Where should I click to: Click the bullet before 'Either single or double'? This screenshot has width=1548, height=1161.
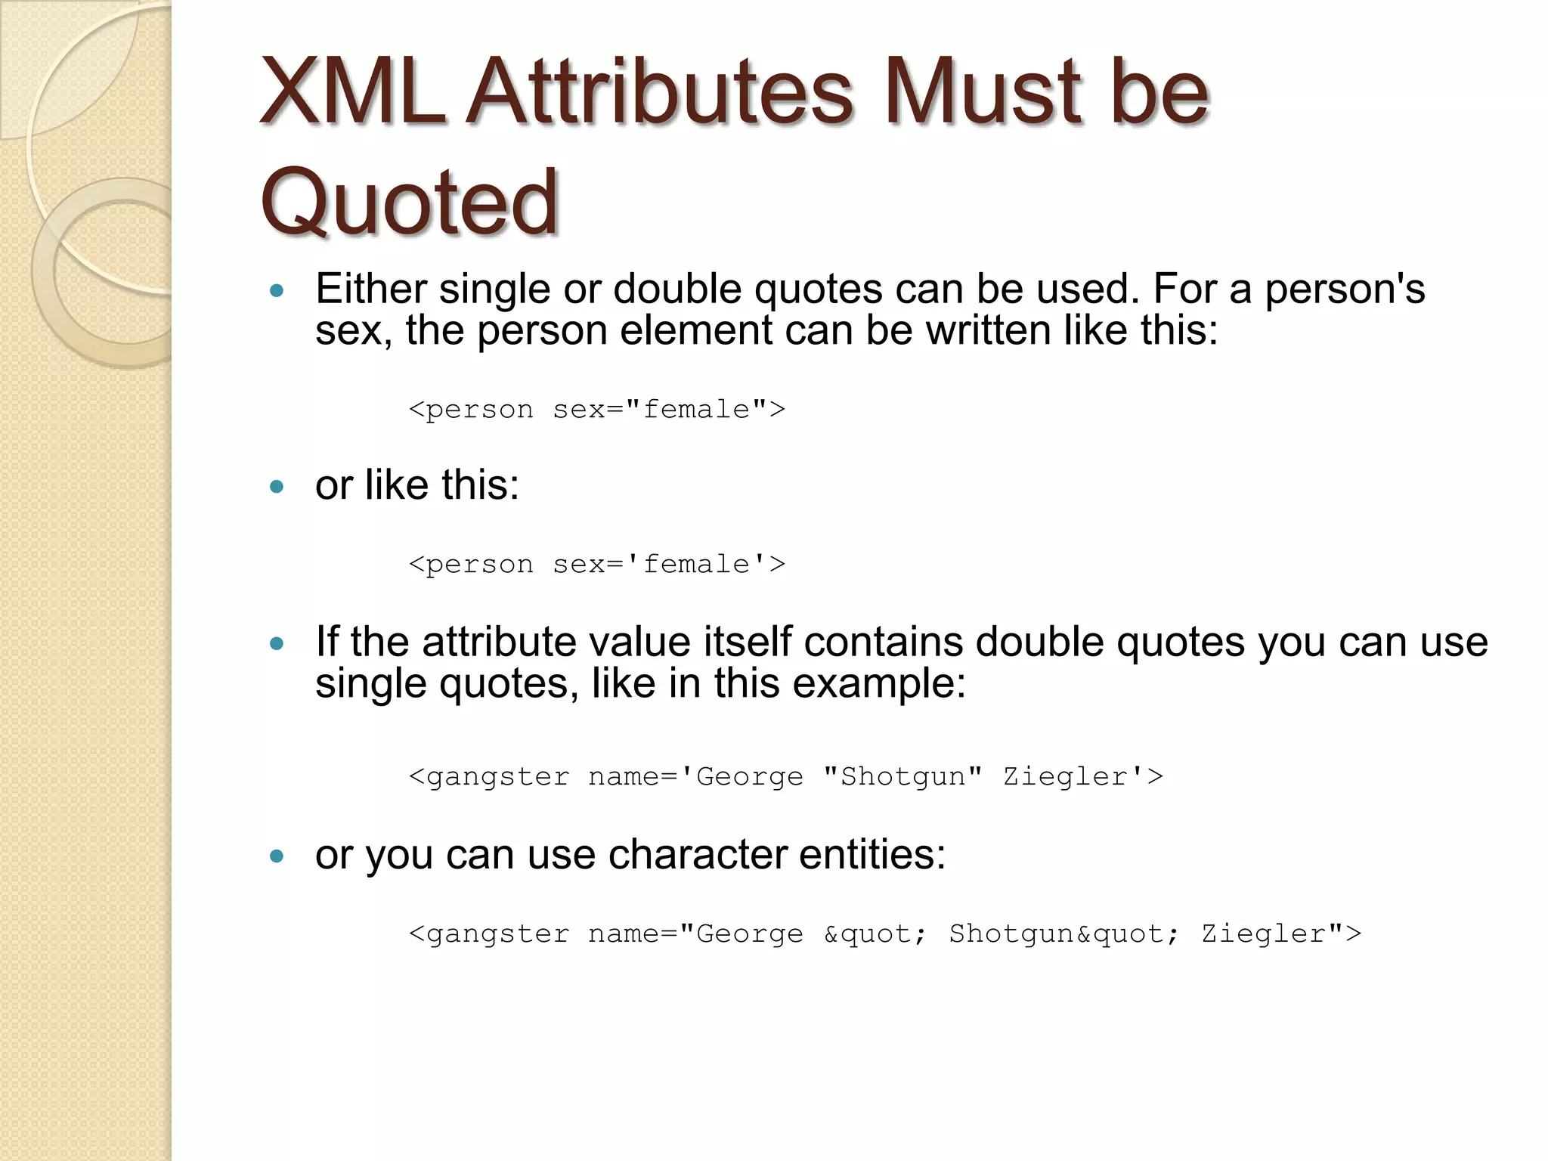(x=277, y=290)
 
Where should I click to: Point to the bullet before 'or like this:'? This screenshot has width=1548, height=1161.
(x=277, y=486)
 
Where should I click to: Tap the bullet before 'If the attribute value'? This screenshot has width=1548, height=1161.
(x=277, y=644)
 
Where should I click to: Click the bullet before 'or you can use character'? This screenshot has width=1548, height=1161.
(x=277, y=856)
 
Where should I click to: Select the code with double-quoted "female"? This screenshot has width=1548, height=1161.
(x=596, y=410)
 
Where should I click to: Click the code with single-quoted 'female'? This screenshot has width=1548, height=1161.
(x=596, y=565)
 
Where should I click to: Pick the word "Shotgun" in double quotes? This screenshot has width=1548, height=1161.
(x=902, y=777)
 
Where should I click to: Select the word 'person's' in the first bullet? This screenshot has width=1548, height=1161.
(x=1345, y=289)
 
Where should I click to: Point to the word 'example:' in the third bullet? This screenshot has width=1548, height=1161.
(x=879, y=683)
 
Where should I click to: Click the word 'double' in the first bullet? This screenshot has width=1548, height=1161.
(x=677, y=289)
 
